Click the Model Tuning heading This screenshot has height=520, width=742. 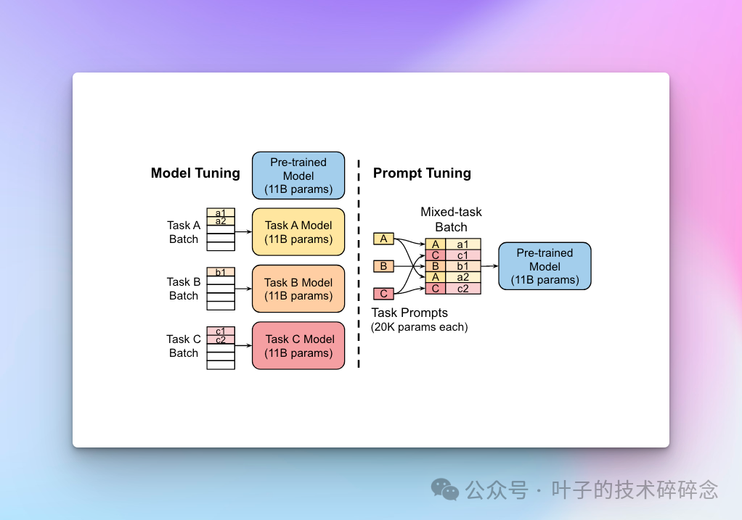click(195, 173)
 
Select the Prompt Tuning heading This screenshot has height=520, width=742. click(422, 173)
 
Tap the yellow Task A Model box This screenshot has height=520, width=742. click(298, 232)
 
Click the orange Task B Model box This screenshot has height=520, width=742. click(298, 289)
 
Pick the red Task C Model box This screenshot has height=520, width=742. click(298, 345)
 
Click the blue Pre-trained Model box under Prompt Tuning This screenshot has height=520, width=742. click(545, 266)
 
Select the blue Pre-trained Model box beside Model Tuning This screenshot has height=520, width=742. click(298, 176)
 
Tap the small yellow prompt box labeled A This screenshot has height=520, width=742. click(384, 239)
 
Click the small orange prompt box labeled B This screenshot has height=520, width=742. click(384, 266)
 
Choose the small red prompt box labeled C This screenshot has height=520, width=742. click(384, 294)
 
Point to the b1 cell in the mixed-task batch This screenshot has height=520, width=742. click(462, 266)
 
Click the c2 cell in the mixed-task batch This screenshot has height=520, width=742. click(462, 289)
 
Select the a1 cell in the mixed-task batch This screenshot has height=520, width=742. click(462, 244)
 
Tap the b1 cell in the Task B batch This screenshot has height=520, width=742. click(221, 272)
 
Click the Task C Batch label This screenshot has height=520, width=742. click(184, 346)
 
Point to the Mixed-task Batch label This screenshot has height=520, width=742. click(451, 219)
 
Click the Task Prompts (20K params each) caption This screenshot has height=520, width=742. click(419, 320)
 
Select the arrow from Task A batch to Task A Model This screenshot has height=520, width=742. click(243, 231)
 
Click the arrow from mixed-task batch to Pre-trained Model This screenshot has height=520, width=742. click(490, 266)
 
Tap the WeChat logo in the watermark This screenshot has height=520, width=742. click(445, 490)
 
